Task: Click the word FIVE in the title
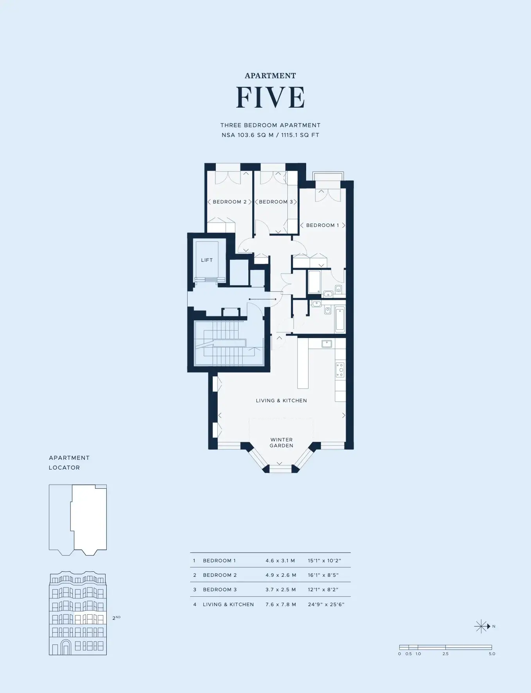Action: point(270,97)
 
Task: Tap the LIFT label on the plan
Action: point(207,260)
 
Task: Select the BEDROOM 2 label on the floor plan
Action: point(230,202)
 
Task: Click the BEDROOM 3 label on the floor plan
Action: point(276,202)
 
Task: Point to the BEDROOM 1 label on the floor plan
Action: point(323,225)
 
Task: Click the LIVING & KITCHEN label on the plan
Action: point(281,401)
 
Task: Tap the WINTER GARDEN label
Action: point(282,443)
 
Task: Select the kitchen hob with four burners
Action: point(340,370)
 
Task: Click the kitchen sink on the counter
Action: point(326,344)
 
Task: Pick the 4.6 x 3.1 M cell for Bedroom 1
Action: point(280,561)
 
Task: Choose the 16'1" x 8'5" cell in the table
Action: point(323,575)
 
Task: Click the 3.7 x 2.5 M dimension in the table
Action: point(281,590)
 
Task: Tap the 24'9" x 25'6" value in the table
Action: point(326,605)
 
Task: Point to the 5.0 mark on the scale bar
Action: point(492,654)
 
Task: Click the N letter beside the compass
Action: point(494,626)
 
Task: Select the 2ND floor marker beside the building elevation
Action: point(116,618)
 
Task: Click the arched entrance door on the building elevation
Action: point(66,647)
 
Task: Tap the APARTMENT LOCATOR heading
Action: point(69,463)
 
